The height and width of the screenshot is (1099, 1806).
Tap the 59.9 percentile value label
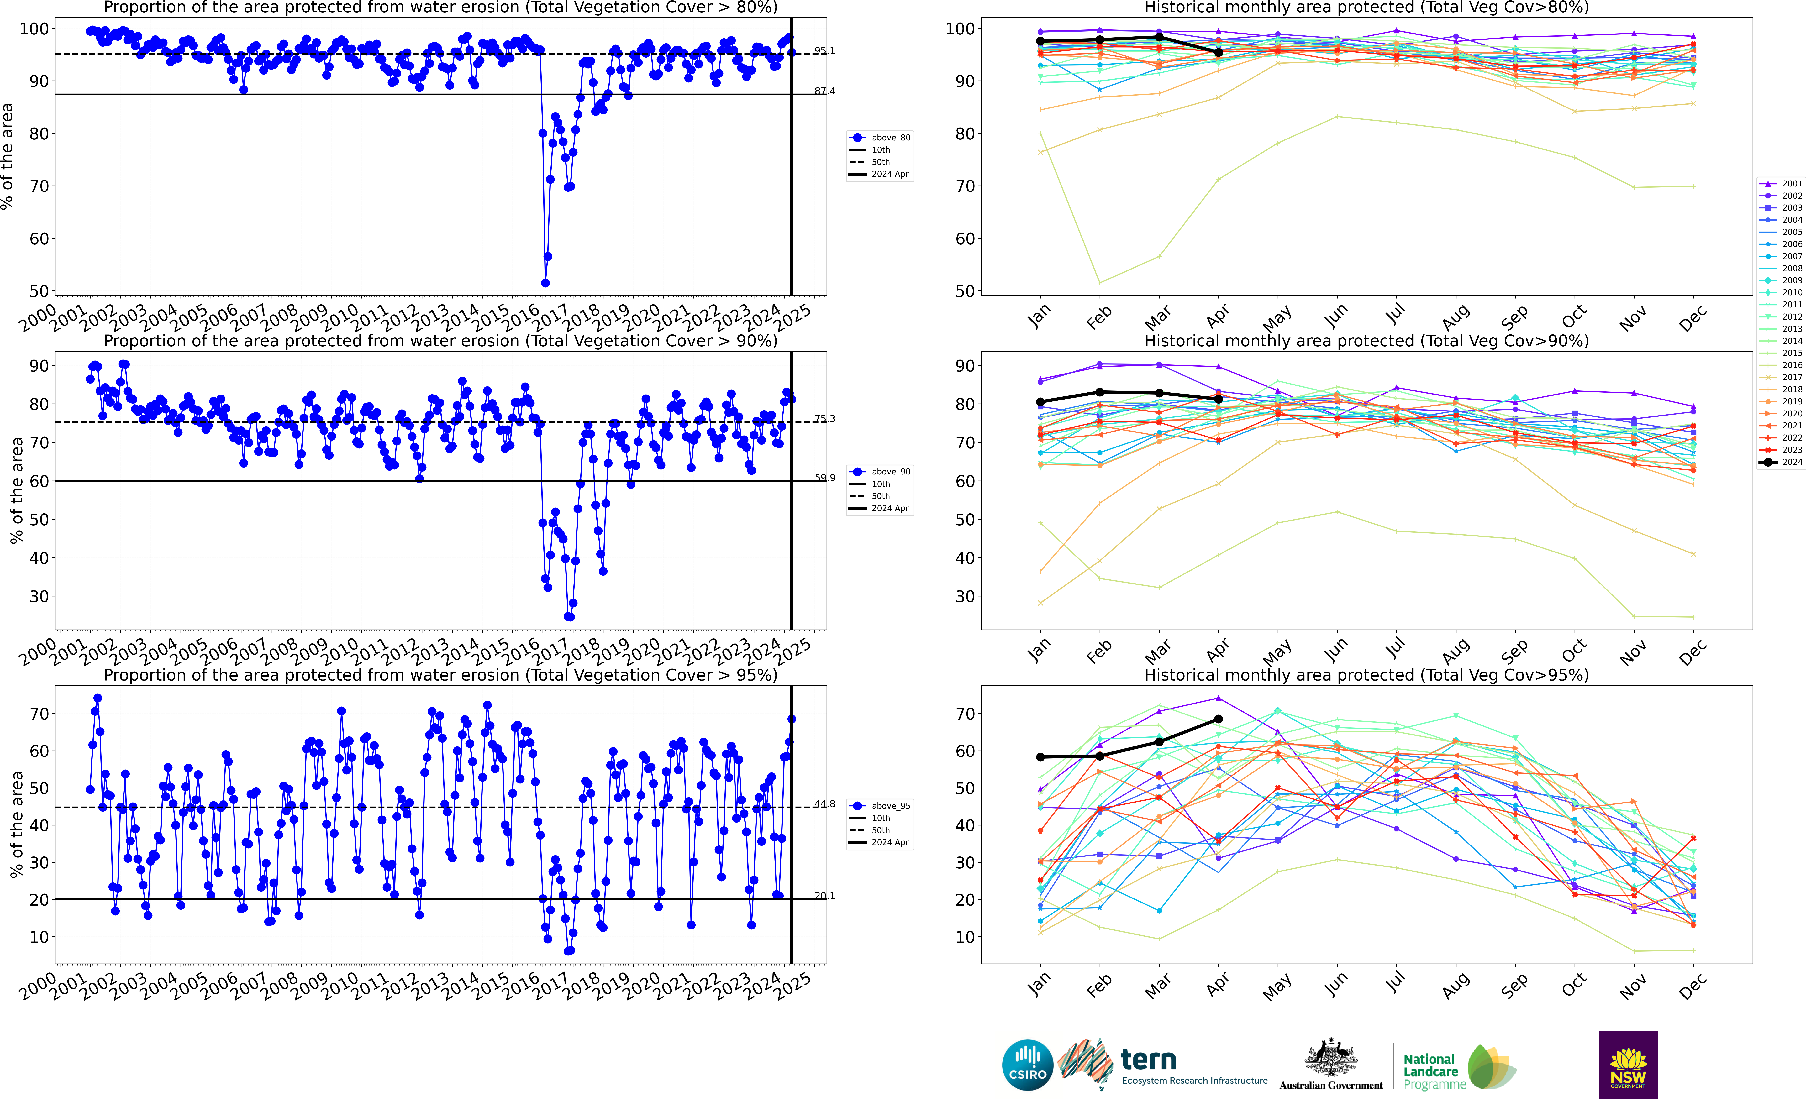click(824, 478)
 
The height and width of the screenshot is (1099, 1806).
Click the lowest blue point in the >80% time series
click(545, 283)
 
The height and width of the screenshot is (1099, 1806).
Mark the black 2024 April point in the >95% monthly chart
click(1218, 720)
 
